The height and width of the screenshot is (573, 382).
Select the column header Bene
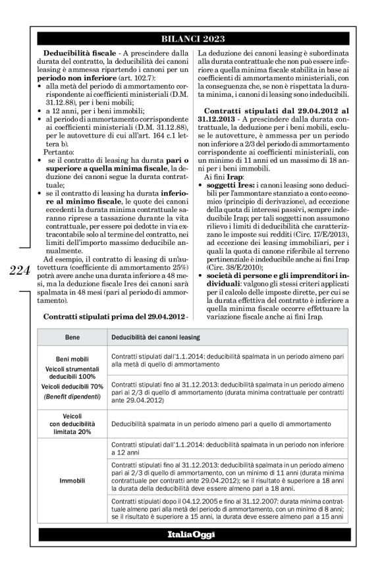pos(72,336)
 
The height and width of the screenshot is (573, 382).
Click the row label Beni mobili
pos(72,359)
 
